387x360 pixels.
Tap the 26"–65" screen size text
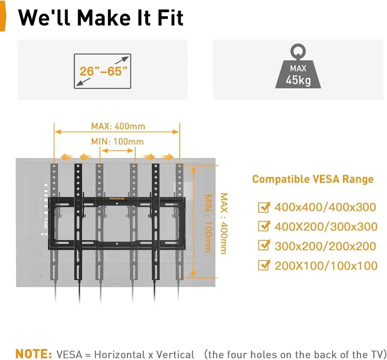click(103, 71)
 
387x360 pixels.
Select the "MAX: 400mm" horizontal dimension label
click(118, 126)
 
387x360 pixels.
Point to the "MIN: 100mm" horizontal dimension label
click(117, 141)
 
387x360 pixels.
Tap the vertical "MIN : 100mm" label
click(208, 223)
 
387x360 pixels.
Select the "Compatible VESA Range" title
click(313, 179)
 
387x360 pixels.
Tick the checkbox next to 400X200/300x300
click(264, 226)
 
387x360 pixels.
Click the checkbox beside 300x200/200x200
click(264, 245)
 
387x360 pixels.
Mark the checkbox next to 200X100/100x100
click(264, 265)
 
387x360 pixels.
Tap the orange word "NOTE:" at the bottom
click(34, 354)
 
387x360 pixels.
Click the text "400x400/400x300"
click(325, 207)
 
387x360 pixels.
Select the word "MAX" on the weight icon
click(298, 69)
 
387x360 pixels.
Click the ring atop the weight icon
click(298, 50)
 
